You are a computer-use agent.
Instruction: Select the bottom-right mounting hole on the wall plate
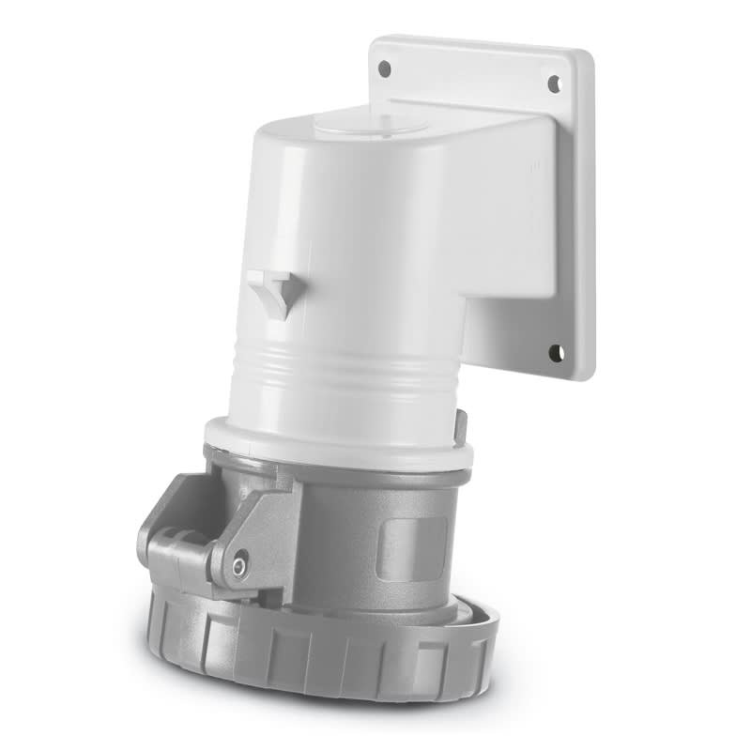pyautogui.click(x=556, y=353)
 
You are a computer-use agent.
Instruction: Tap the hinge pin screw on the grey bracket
pyautogui.click(x=240, y=565)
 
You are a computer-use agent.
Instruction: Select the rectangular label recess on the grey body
pyautogui.click(x=412, y=547)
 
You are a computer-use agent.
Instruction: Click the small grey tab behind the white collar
pyautogui.click(x=460, y=424)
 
